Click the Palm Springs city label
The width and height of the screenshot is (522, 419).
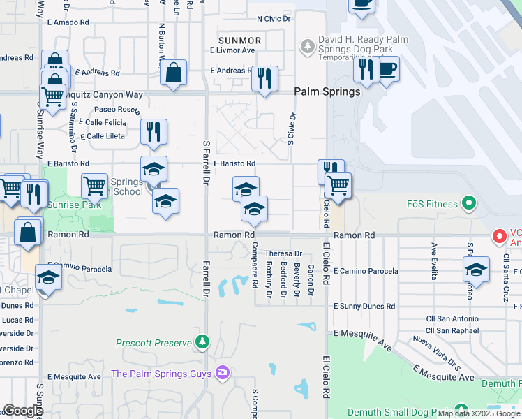(327, 91)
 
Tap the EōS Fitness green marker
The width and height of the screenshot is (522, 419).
(469, 205)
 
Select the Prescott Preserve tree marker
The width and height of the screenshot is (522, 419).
(202, 342)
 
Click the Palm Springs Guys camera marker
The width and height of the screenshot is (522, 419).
(223, 373)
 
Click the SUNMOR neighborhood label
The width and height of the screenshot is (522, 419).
(239, 41)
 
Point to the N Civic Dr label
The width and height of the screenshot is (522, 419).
(274, 18)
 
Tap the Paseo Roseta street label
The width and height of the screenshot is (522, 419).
(117, 110)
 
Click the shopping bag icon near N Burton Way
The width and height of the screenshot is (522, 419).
(172, 72)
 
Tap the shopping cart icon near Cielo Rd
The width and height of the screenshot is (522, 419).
(337, 185)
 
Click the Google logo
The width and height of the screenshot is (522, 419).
(23, 411)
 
